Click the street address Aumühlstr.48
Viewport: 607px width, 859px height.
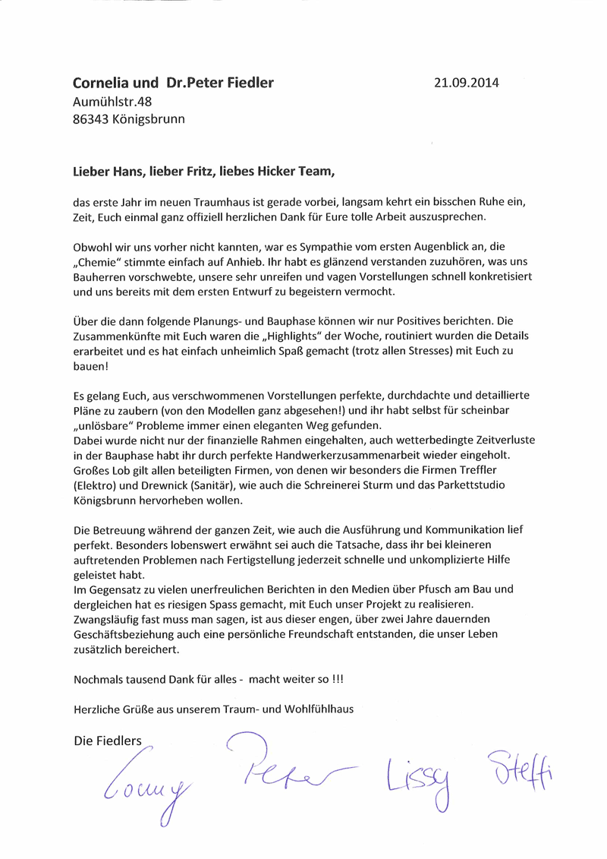click(x=107, y=101)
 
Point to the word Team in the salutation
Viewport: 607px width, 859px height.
click(x=316, y=171)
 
